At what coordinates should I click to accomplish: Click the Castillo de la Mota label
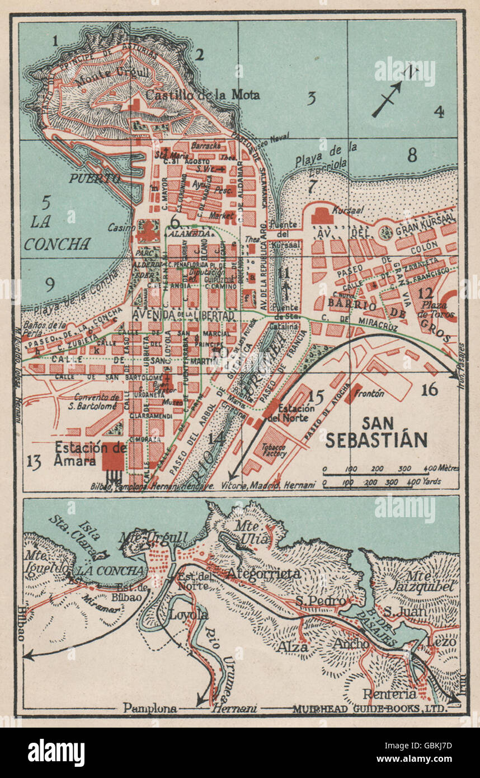(203, 95)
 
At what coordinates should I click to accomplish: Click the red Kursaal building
(322, 215)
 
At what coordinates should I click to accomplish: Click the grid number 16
(430, 390)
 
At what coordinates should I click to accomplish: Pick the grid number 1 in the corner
(55, 40)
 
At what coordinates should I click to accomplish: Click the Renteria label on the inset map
(389, 694)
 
